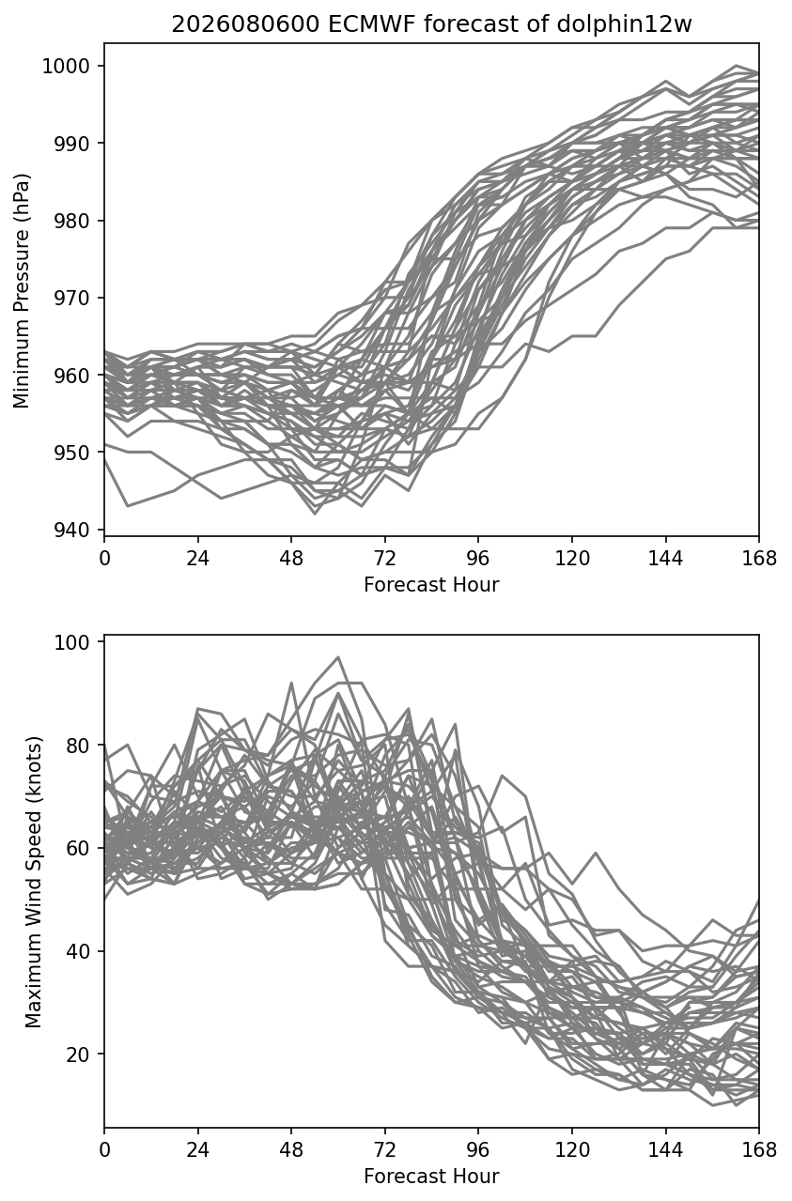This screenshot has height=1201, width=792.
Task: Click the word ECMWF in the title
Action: tap(371, 24)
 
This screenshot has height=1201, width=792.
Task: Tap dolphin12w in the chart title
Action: tap(625, 24)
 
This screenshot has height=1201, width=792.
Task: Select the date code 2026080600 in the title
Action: tap(246, 24)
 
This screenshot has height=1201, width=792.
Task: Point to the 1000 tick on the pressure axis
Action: tap(65, 66)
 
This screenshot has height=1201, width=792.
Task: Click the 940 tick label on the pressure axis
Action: tap(70, 530)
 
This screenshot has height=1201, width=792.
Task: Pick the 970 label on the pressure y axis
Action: tap(70, 298)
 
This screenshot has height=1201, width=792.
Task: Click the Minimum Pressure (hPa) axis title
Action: tap(22, 290)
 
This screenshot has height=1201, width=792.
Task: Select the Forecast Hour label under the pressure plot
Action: tap(431, 584)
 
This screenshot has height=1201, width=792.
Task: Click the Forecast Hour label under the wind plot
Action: tap(431, 1177)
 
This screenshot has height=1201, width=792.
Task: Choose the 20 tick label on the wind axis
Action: tap(77, 1055)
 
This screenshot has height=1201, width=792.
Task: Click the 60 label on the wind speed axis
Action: tap(77, 848)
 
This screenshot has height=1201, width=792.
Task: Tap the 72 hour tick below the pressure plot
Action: tap(385, 559)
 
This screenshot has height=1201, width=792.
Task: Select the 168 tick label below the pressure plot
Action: tap(759, 559)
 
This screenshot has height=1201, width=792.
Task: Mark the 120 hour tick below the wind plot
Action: tap(572, 1150)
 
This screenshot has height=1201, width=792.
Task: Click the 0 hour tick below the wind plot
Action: tap(104, 1150)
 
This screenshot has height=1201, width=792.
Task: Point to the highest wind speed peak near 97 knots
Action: tap(338, 657)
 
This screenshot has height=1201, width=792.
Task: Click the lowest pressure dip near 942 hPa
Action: tap(315, 514)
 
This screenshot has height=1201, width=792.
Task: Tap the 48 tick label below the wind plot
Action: tap(291, 1150)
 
